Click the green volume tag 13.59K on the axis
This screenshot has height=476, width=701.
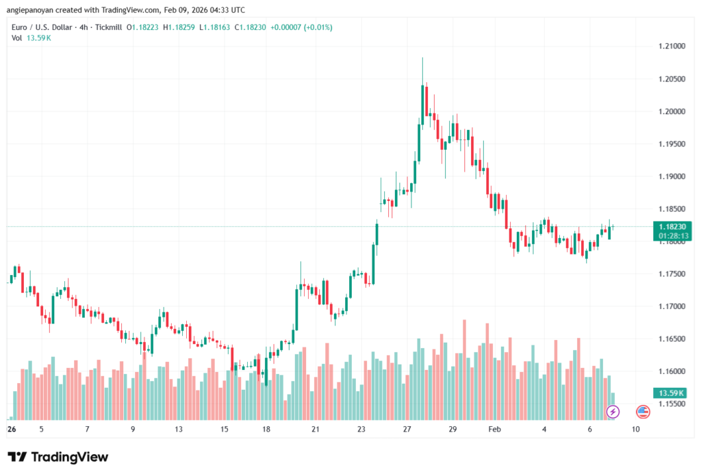(671, 393)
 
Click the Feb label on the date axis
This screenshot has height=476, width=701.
(493, 429)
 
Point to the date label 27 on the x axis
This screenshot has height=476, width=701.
(407, 429)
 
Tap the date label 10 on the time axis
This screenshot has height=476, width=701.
(636, 429)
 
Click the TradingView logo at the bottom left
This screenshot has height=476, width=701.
(58, 457)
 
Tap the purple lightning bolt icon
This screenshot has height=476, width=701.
(613, 412)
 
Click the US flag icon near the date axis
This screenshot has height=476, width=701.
(643, 412)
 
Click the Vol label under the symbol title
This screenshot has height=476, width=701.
(16, 38)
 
